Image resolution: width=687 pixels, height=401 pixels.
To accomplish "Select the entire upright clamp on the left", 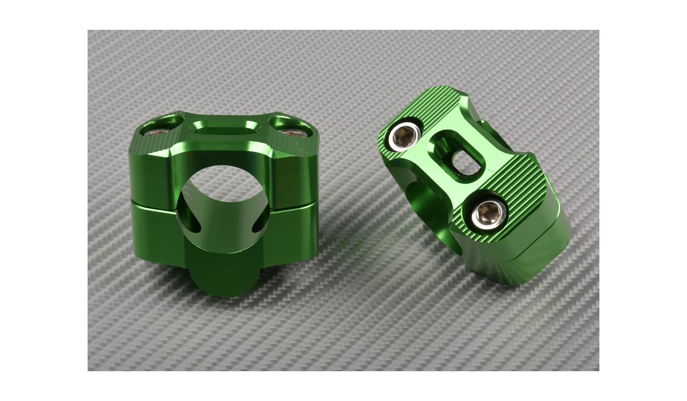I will point(223,200).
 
